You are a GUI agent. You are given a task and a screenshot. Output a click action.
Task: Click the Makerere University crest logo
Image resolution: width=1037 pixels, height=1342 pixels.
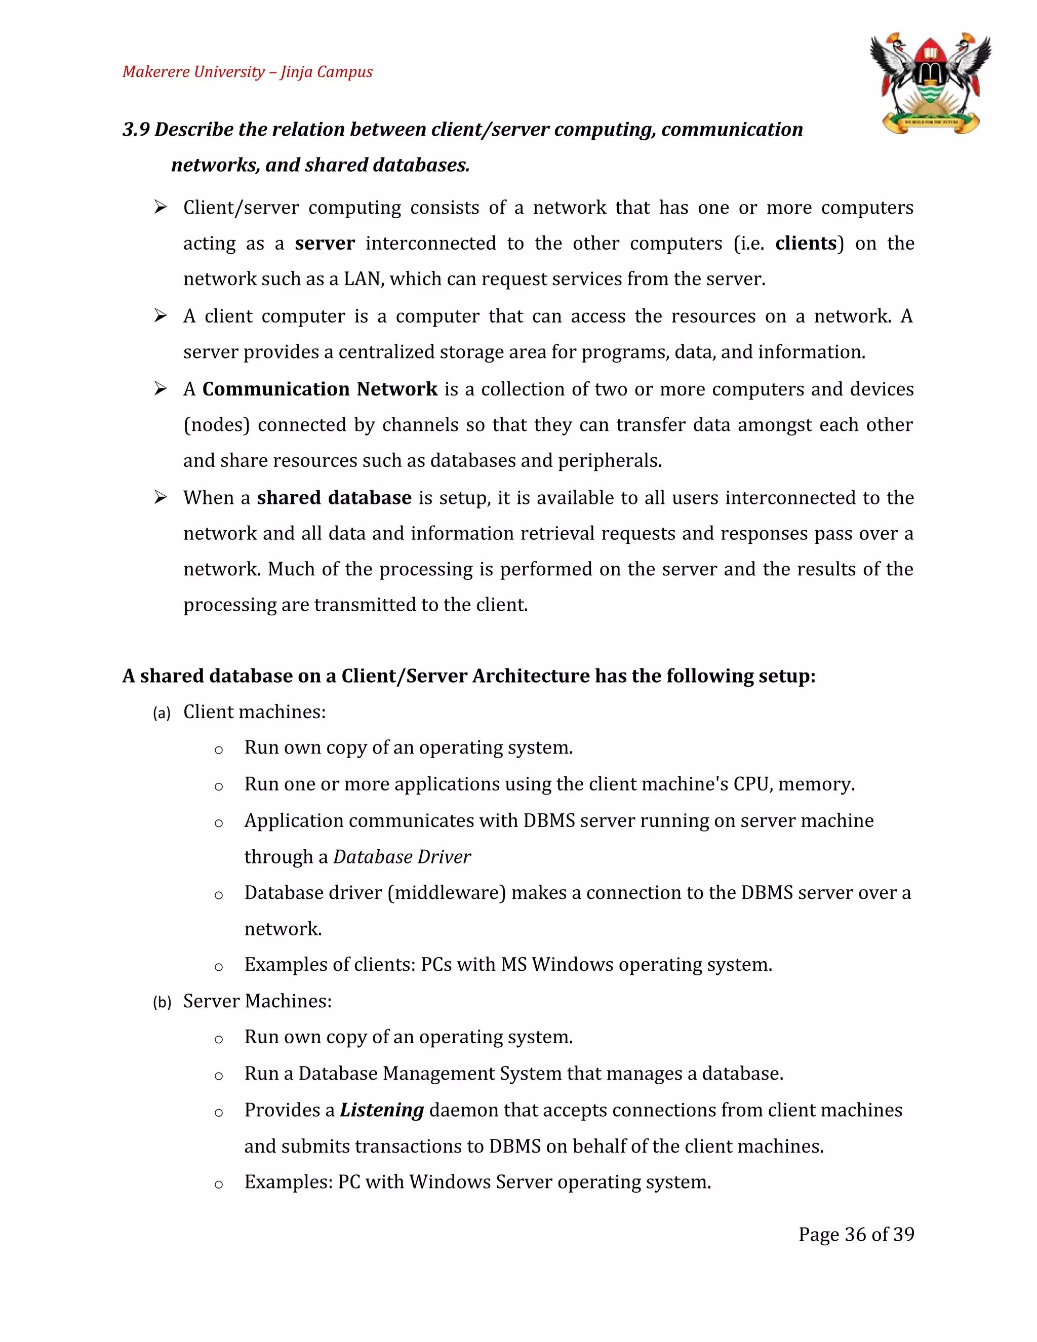point(930,83)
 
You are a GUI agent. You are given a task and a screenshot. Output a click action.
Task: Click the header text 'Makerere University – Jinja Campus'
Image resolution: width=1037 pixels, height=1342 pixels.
point(247,72)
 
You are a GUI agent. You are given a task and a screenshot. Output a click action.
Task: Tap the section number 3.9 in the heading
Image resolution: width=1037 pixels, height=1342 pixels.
point(136,130)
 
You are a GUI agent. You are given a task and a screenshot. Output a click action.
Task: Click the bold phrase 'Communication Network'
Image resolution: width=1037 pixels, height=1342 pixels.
point(320,389)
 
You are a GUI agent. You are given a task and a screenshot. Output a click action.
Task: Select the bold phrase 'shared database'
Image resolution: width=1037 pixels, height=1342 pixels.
point(334,498)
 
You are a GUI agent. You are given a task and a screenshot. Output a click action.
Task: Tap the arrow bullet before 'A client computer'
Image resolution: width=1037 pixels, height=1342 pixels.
point(161,317)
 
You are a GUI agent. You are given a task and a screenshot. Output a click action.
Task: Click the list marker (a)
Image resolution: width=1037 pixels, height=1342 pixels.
point(162,713)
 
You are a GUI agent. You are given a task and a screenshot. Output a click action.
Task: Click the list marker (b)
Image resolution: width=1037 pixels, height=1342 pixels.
point(162,1002)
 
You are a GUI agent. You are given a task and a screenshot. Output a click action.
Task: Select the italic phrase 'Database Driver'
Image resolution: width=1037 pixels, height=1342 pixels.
point(402,857)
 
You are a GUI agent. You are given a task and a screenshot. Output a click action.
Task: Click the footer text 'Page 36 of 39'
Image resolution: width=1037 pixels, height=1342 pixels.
point(856,1235)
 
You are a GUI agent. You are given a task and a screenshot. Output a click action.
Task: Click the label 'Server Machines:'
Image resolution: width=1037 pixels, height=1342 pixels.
point(257,1002)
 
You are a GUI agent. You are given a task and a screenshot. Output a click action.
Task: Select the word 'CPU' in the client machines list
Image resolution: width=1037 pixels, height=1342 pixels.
point(751,784)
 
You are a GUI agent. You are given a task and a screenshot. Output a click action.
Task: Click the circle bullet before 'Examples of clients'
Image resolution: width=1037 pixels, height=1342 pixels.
point(219,967)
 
